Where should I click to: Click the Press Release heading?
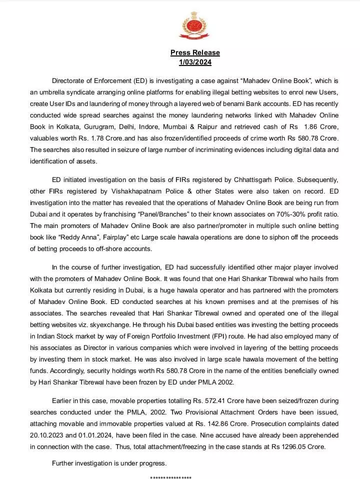pyautogui.click(x=195, y=52)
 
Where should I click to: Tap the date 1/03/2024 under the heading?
pyautogui.click(x=195, y=62)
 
